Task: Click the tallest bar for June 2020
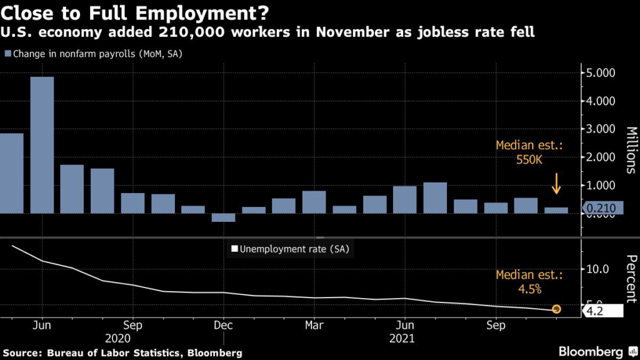(42, 145)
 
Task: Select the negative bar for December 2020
(223, 217)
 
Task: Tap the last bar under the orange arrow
(556, 211)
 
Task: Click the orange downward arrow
(556, 183)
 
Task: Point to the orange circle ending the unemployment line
(556, 309)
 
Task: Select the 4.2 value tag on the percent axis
(602, 311)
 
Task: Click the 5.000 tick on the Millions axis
(601, 73)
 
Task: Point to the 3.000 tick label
(601, 129)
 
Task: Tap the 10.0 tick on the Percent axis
(597, 269)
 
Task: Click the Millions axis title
(631, 150)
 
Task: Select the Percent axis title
(631, 279)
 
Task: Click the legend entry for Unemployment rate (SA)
(290, 249)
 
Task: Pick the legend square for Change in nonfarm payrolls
(7, 54)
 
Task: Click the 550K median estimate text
(529, 159)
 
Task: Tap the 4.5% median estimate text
(530, 289)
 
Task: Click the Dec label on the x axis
(223, 325)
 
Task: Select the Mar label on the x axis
(314, 325)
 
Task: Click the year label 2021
(402, 338)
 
